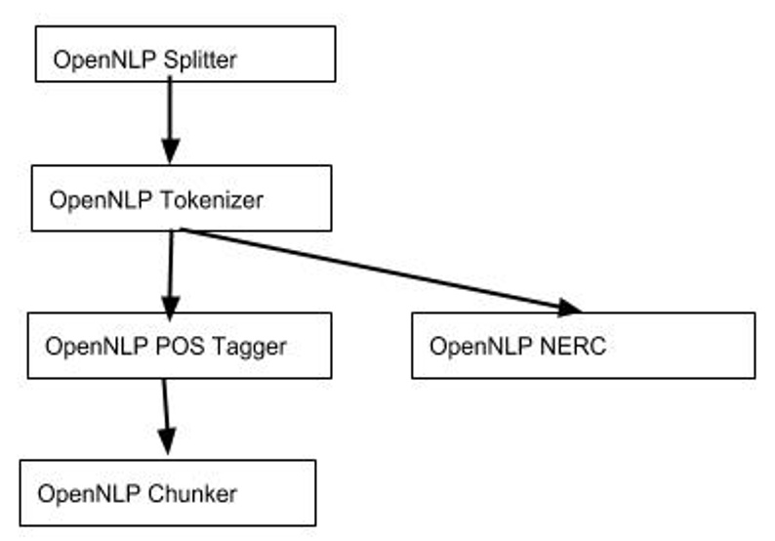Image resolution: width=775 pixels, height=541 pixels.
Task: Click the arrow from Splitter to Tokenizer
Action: (x=170, y=117)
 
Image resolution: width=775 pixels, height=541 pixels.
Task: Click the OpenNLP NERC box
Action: (x=583, y=345)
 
